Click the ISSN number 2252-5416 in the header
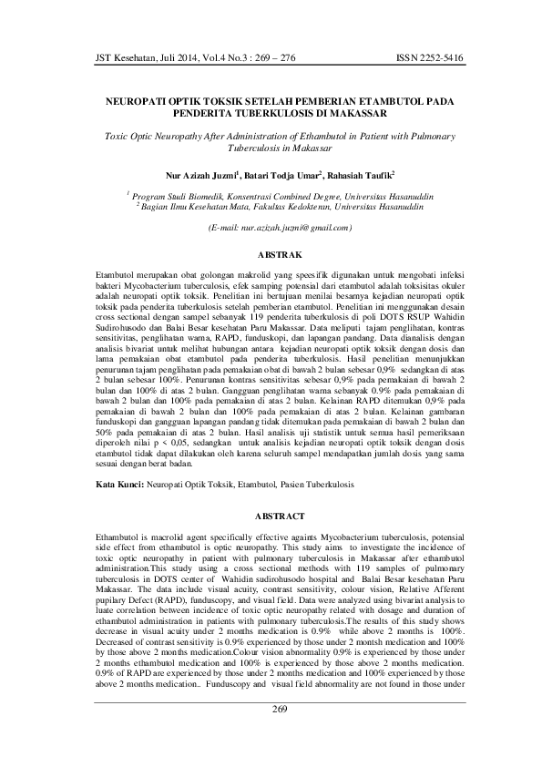point(430,58)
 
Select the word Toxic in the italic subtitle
point(119,134)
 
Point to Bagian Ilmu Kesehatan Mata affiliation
point(194,205)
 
